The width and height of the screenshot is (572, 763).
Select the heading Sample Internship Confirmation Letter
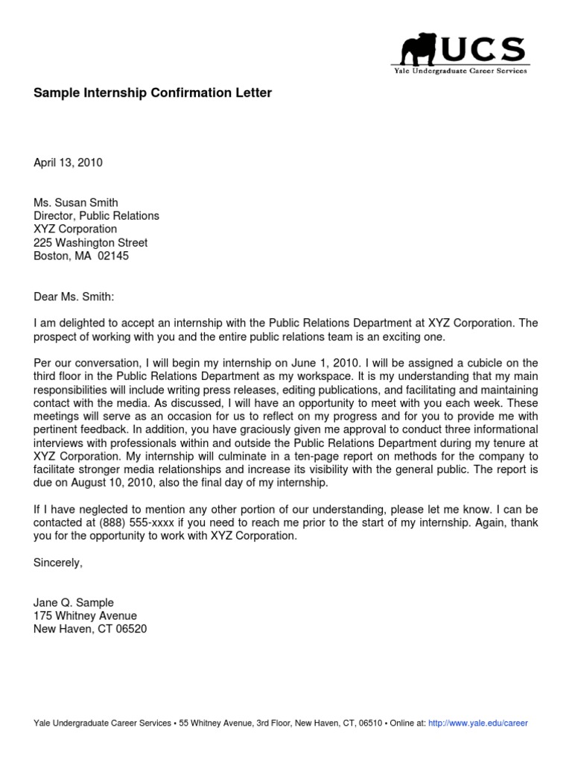[153, 93]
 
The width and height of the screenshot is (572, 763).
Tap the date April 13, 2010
[68, 162]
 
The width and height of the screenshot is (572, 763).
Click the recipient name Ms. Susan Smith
[76, 203]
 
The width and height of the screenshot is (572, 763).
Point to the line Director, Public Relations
[96, 216]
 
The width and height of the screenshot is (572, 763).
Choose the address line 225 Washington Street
[90, 243]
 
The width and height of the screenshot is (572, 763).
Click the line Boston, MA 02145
[81, 256]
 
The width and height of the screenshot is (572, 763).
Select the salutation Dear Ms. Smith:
[74, 297]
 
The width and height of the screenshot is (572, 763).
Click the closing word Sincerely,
[58, 563]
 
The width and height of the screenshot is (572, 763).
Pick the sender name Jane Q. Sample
[74, 603]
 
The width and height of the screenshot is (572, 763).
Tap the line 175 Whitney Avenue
[85, 616]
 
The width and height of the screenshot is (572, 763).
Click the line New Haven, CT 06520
[90, 630]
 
